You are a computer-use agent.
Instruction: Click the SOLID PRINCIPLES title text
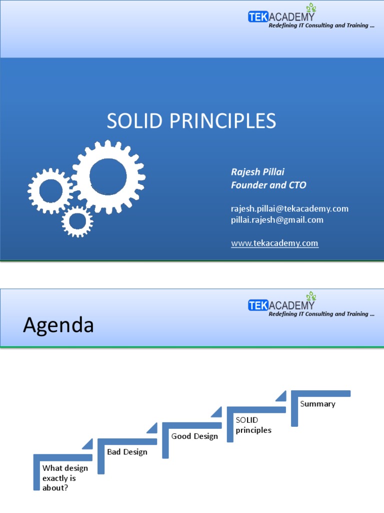point(191,121)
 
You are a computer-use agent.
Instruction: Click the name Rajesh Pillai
point(257,172)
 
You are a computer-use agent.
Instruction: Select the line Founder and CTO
point(268,185)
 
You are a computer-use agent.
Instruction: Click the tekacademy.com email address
point(289,209)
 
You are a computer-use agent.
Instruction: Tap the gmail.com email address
point(277,220)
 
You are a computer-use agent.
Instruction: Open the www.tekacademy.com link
point(274,243)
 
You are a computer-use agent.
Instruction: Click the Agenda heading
point(58,325)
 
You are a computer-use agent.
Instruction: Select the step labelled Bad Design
point(127,452)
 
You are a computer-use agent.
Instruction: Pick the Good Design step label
point(194,436)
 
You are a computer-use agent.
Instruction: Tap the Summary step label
point(317,404)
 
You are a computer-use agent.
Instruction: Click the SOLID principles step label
point(253,425)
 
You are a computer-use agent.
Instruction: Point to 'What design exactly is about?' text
point(65,478)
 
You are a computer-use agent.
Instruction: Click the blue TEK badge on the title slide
point(258,17)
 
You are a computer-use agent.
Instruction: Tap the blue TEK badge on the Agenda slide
point(258,305)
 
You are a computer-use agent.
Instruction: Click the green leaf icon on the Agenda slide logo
point(311,296)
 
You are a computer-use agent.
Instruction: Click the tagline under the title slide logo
point(321,26)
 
